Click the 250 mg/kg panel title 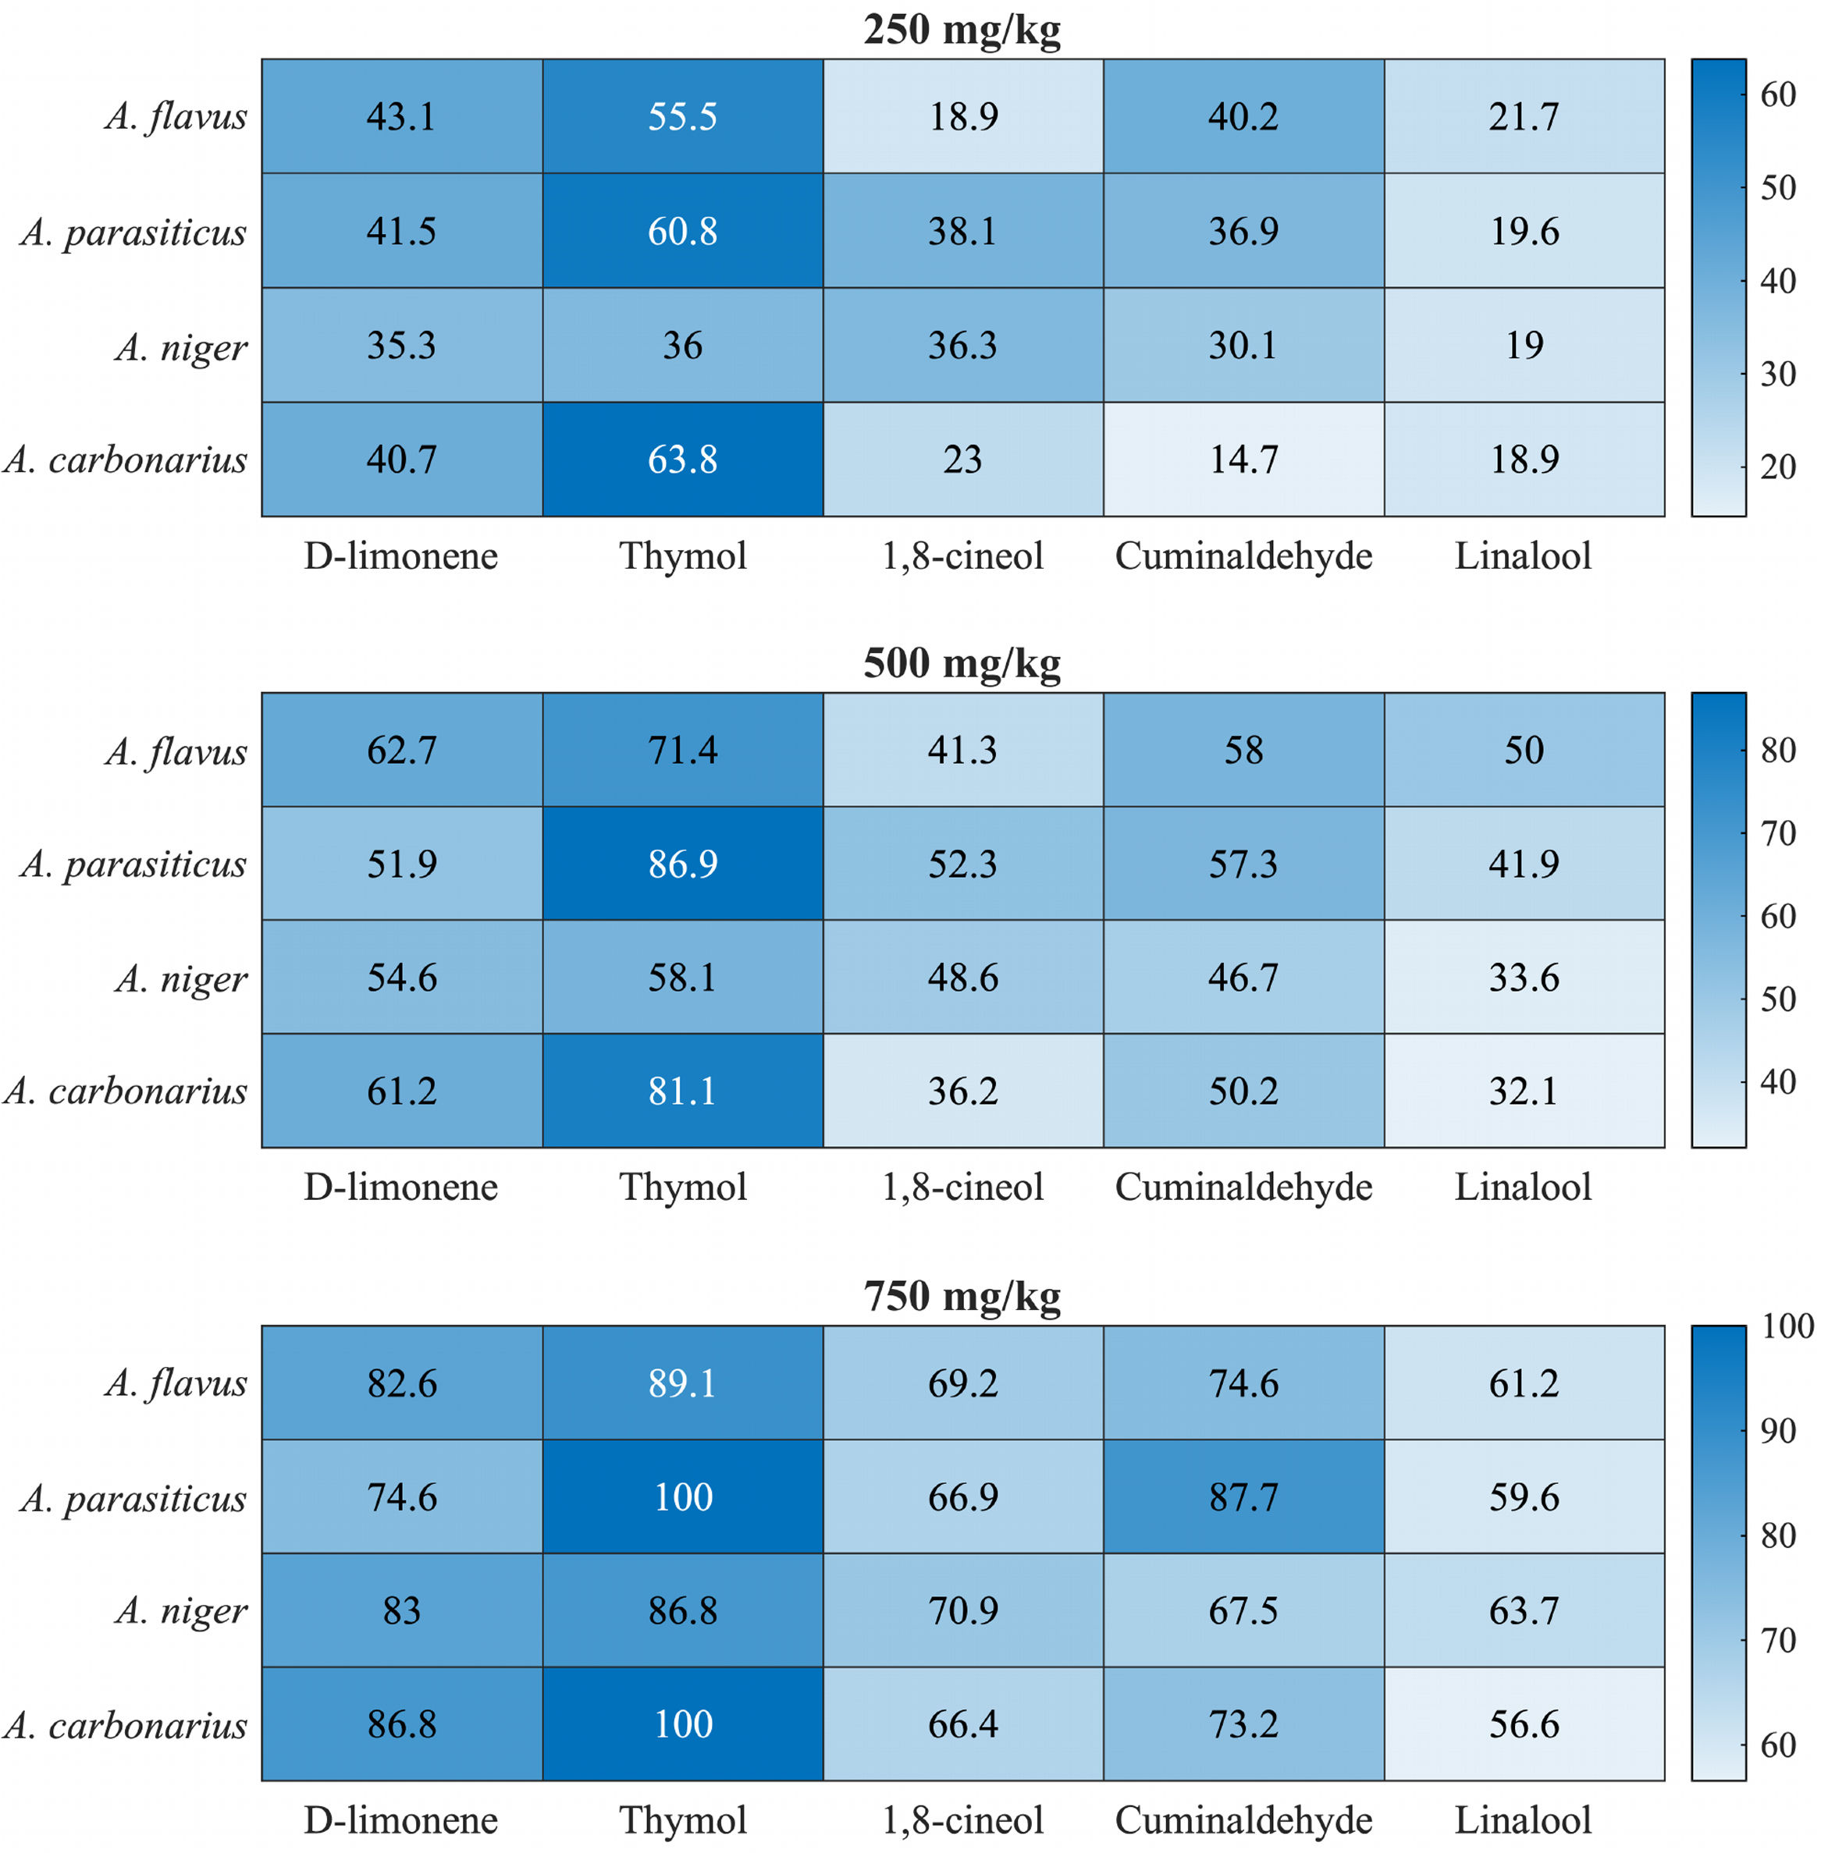962,30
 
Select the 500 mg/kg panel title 962,662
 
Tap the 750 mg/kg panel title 962,1297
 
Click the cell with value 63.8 683,459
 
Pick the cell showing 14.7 1244,459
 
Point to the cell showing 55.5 683,115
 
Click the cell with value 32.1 1524,1090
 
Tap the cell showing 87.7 1244,1496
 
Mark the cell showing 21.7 1524,115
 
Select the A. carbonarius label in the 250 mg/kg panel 126,460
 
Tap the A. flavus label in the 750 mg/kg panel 176,1383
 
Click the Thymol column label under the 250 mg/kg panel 683,556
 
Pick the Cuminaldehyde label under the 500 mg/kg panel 1243,1187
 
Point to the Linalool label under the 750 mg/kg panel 1524,1819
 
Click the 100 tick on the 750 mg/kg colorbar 1787,1326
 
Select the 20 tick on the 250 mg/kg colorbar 1779,467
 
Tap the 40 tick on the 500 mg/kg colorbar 1779,1081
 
